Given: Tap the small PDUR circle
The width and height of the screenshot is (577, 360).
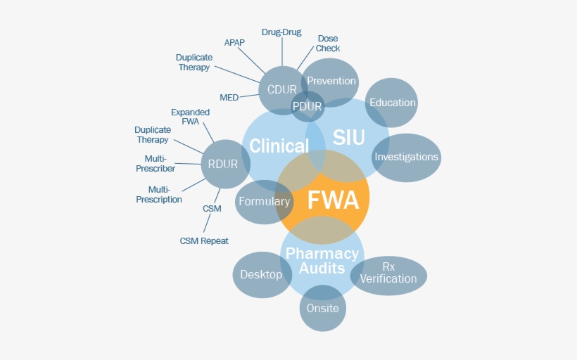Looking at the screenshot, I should point(307,107).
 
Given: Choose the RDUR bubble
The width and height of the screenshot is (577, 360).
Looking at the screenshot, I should point(224,164).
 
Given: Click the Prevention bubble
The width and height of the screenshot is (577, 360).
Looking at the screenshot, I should point(331,80).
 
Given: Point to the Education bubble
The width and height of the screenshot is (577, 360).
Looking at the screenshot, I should point(392,103).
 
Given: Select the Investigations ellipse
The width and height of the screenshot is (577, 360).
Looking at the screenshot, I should point(406,157).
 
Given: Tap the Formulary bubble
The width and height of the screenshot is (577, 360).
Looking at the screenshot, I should point(264,202).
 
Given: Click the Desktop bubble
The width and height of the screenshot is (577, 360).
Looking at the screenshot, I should point(261,274).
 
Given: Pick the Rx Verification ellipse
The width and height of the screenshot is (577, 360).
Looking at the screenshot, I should point(388,274).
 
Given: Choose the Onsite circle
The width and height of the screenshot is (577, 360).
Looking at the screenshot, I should point(323,308).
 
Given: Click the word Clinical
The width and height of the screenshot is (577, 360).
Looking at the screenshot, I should point(279,146).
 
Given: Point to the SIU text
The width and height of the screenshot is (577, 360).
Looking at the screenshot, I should point(349,138).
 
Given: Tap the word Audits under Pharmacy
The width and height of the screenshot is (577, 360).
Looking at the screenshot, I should point(322,268).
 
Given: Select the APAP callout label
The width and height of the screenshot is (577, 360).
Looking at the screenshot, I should point(234,42).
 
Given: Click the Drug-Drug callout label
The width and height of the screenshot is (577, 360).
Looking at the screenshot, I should point(281,32).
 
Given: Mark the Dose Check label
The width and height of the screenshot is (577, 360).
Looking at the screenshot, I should point(328,44).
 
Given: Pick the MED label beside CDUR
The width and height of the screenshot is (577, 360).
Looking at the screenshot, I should point(229,98).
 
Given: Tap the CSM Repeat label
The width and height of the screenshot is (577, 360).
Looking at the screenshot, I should point(204,241).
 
